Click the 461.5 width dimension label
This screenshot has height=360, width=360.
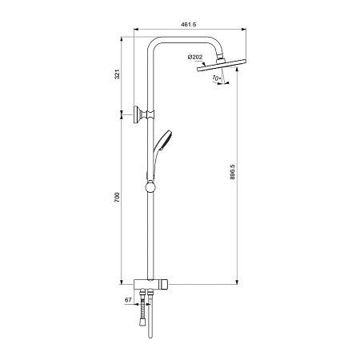(189, 25)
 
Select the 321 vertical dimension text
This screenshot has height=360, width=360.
(118, 74)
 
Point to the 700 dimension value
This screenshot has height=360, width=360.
(118, 198)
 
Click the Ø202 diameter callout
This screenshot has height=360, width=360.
(194, 56)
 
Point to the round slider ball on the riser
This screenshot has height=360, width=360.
(149, 189)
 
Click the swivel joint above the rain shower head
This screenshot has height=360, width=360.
(214, 59)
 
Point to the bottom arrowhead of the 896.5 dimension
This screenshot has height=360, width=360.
(238, 281)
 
